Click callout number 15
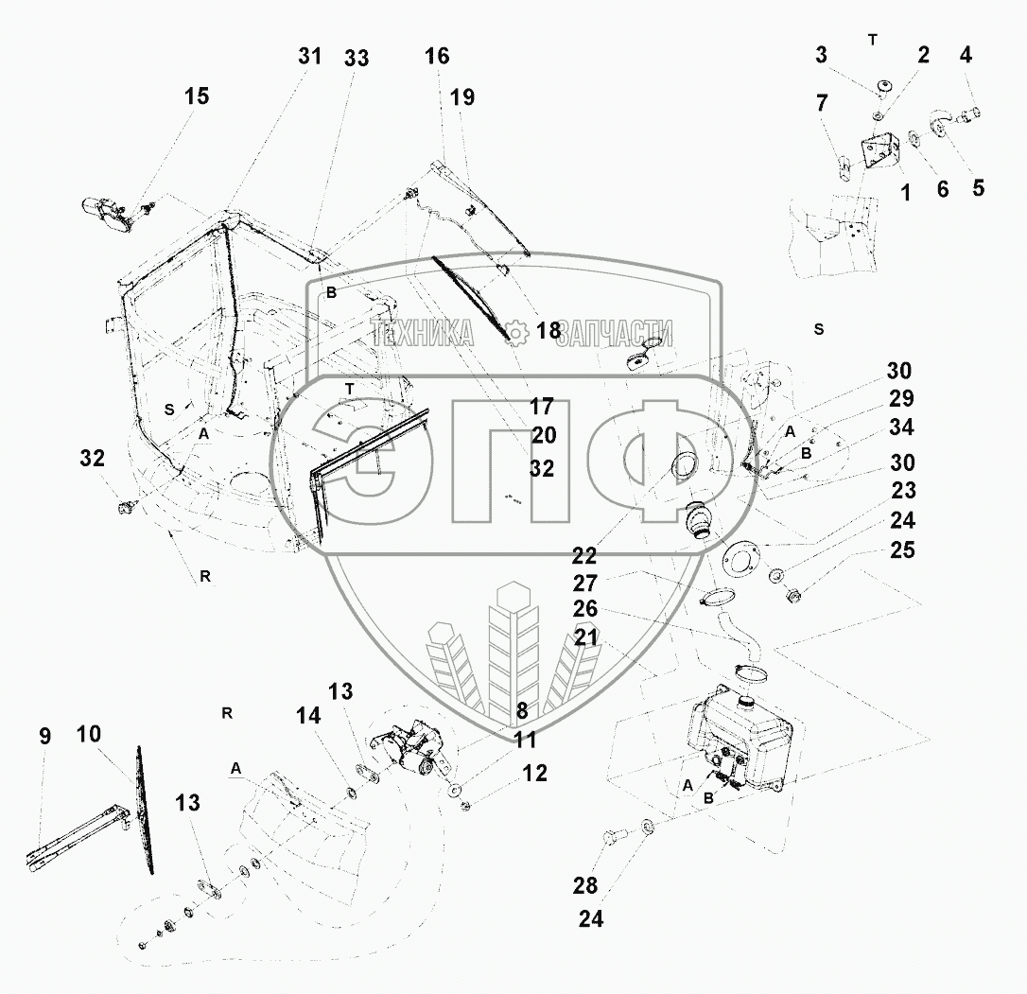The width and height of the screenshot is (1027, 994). click(x=197, y=96)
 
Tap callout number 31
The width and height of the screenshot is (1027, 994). click(x=310, y=57)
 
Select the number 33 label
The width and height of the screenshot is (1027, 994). click(x=357, y=59)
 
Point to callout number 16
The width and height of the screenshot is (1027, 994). click(x=437, y=57)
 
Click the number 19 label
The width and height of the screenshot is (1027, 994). click(x=461, y=97)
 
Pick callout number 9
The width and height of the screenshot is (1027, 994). click(x=44, y=736)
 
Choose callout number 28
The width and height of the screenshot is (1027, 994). click(x=584, y=886)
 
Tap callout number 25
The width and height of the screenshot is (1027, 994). click(x=902, y=550)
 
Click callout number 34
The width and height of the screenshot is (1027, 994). click(x=901, y=427)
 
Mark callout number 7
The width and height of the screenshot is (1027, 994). click(x=822, y=103)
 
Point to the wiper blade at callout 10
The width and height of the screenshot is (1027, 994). click(x=145, y=810)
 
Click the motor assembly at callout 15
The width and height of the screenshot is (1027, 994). click(x=106, y=215)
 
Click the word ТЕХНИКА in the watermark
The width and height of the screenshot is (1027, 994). click(x=422, y=333)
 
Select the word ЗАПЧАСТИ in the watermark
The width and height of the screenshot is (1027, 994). click(x=617, y=333)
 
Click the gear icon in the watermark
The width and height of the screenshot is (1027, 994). click(x=516, y=333)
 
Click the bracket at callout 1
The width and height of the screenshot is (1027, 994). click(x=879, y=152)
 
